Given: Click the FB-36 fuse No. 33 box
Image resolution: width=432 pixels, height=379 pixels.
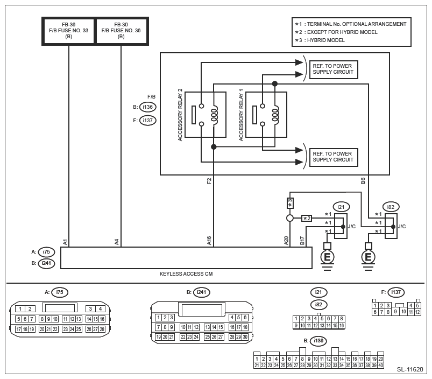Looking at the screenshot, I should point(69,31).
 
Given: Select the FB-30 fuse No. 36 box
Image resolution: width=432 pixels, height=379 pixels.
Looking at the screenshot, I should point(121,31).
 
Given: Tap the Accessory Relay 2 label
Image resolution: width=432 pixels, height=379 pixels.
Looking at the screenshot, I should point(181,115).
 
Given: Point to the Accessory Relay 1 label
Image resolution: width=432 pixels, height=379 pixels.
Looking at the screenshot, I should point(241,115).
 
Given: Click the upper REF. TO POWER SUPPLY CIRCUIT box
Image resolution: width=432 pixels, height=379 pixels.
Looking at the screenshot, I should point(334,69).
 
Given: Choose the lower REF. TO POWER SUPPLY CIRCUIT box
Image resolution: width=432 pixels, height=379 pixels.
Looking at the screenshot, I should point(334,157).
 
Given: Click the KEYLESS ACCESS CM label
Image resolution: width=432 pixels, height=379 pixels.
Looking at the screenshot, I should point(186,274).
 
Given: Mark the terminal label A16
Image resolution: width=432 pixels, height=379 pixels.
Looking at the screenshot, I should point(209,241).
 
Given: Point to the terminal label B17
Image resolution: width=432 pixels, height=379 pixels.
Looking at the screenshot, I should point(302,241).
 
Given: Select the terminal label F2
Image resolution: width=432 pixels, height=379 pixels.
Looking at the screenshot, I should point(209,181).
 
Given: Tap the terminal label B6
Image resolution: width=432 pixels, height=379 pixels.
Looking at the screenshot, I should point(363,181).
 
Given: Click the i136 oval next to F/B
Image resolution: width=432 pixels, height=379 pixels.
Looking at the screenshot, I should point(147,107).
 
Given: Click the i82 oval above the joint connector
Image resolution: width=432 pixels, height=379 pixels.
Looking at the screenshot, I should point(391,206).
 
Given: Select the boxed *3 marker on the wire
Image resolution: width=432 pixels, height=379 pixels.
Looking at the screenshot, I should point(289,203).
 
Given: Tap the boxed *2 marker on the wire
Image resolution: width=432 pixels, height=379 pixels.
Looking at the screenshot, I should point(307,218).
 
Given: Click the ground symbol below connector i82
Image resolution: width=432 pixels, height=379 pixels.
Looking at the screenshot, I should point(368,256).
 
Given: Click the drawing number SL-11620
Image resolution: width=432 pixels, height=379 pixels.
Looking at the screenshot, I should point(410,370).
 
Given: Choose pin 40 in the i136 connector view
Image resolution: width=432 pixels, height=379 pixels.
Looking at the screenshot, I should point(380,366).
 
